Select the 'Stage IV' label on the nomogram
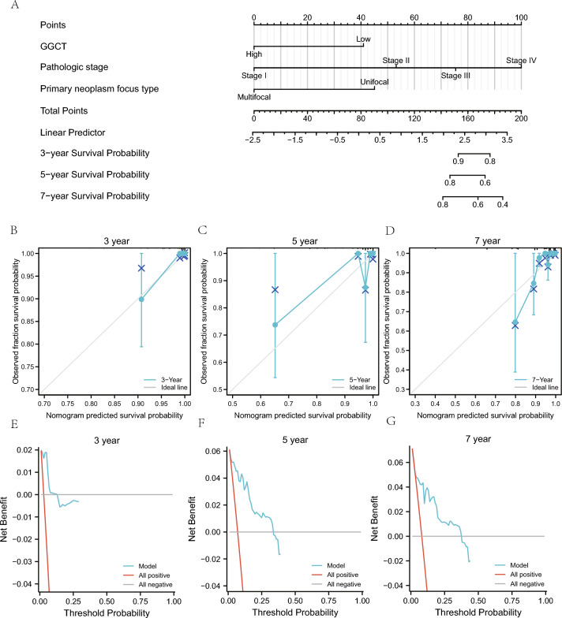click(x=521, y=60)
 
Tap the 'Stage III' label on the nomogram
click(x=455, y=76)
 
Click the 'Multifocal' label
click(x=254, y=96)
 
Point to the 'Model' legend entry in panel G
click(x=519, y=566)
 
